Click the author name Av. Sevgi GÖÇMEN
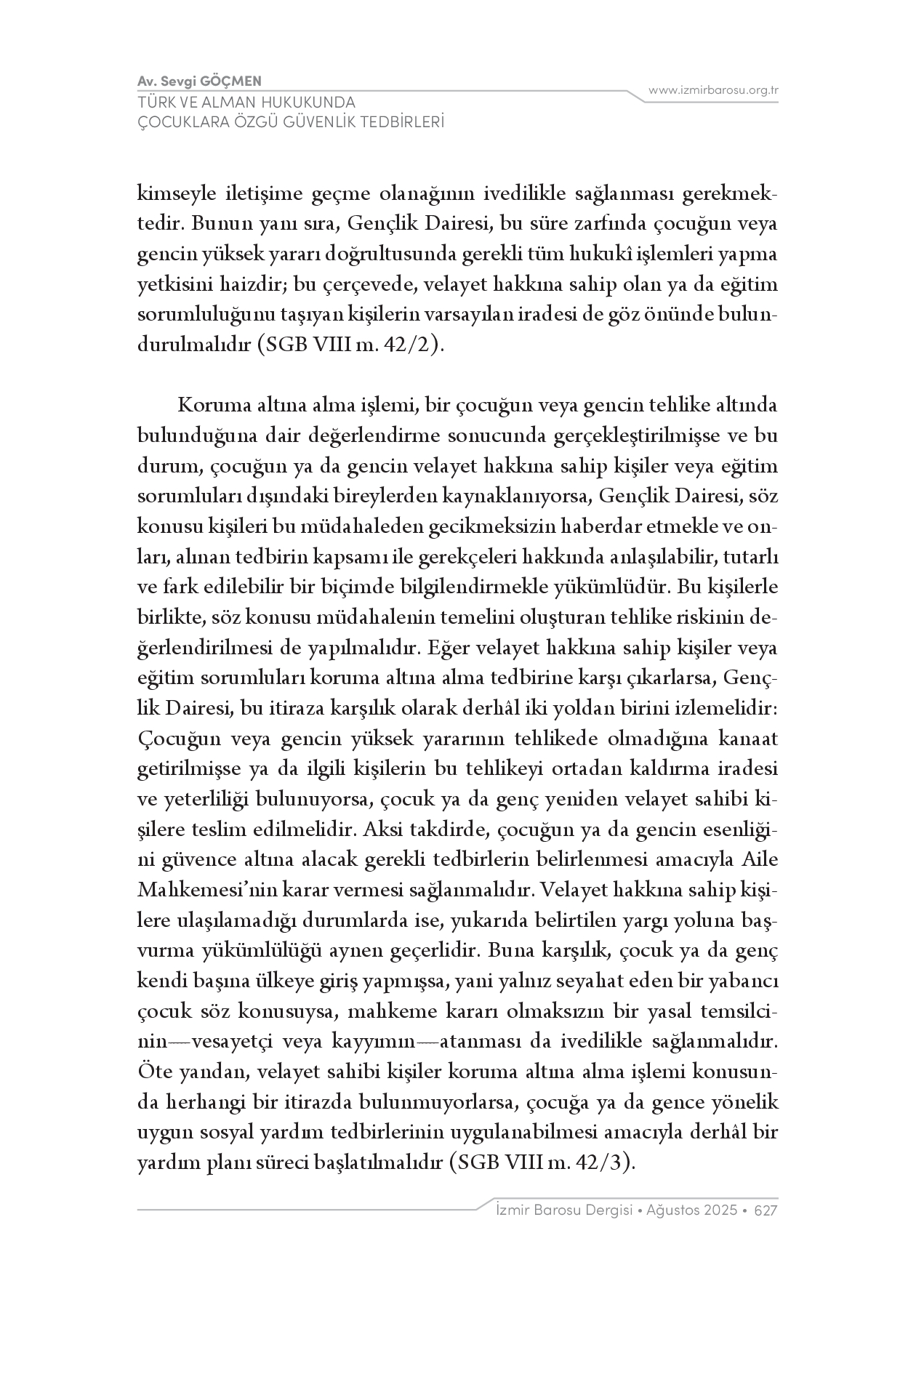coord(199,81)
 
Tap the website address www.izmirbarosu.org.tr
coord(714,90)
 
